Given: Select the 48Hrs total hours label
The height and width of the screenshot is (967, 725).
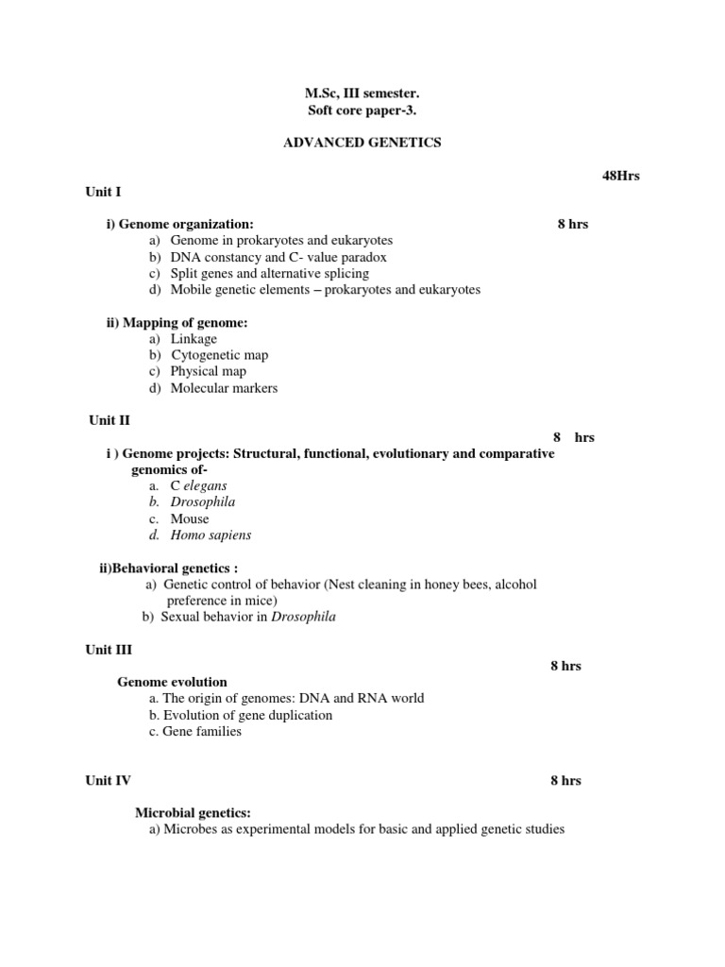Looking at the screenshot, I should [x=620, y=176].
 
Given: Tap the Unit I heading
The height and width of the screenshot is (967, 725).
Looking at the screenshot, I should [x=104, y=192].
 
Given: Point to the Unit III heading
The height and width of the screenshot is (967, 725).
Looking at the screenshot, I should [x=109, y=650].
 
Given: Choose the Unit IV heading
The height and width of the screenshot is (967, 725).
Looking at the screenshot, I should [x=109, y=780].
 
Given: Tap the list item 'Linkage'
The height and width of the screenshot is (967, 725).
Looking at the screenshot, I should [x=194, y=339].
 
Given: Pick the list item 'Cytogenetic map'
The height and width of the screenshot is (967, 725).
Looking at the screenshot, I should [x=219, y=355].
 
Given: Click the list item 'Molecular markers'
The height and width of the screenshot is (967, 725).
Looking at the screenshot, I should [x=224, y=388].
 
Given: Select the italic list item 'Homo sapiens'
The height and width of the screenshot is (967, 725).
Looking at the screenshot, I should [x=211, y=534].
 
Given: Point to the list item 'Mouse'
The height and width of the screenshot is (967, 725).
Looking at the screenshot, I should [x=190, y=518].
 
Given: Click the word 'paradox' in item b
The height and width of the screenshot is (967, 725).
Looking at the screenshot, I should [x=362, y=257].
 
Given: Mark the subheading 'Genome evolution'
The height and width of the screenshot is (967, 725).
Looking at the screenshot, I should [x=172, y=682].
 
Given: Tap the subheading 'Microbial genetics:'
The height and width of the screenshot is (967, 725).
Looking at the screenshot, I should [x=193, y=813].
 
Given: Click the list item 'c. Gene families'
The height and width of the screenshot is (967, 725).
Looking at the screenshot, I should [x=195, y=731].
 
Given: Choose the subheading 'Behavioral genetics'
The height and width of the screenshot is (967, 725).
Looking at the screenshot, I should [x=169, y=568].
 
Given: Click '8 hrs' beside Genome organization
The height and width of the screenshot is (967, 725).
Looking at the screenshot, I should [x=572, y=224].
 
